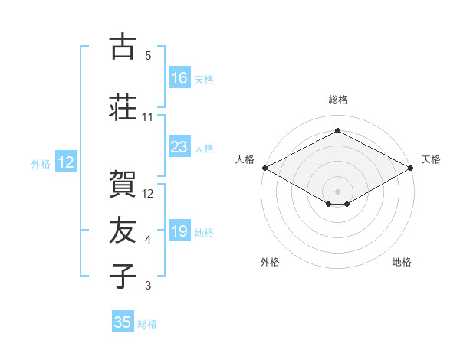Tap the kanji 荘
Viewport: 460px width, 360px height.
[x=123, y=107]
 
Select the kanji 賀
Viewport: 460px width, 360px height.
[x=123, y=184]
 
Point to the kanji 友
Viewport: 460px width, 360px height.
[x=123, y=230]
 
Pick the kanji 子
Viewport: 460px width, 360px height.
[x=123, y=276]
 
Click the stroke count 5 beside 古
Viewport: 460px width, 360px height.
[x=148, y=56]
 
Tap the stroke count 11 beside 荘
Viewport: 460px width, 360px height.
[x=147, y=117]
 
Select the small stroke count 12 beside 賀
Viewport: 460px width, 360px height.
[x=147, y=194]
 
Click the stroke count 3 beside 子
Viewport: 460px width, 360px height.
[x=148, y=285]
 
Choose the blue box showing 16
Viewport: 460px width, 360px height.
[x=179, y=77]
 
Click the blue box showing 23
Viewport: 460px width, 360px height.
[x=179, y=146]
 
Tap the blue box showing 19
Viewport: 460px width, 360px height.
[x=179, y=230]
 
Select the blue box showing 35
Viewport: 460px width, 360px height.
[x=123, y=321]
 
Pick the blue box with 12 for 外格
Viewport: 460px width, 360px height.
[x=66, y=162]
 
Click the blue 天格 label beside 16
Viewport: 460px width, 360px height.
[x=204, y=80]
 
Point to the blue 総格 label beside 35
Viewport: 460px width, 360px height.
[x=147, y=324]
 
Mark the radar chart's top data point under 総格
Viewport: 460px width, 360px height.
[x=337, y=130]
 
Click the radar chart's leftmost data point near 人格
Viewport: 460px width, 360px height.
[x=265, y=168]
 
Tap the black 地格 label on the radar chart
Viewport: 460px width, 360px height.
[x=402, y=262]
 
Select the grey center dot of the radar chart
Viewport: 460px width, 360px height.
[x=337, y=191]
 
